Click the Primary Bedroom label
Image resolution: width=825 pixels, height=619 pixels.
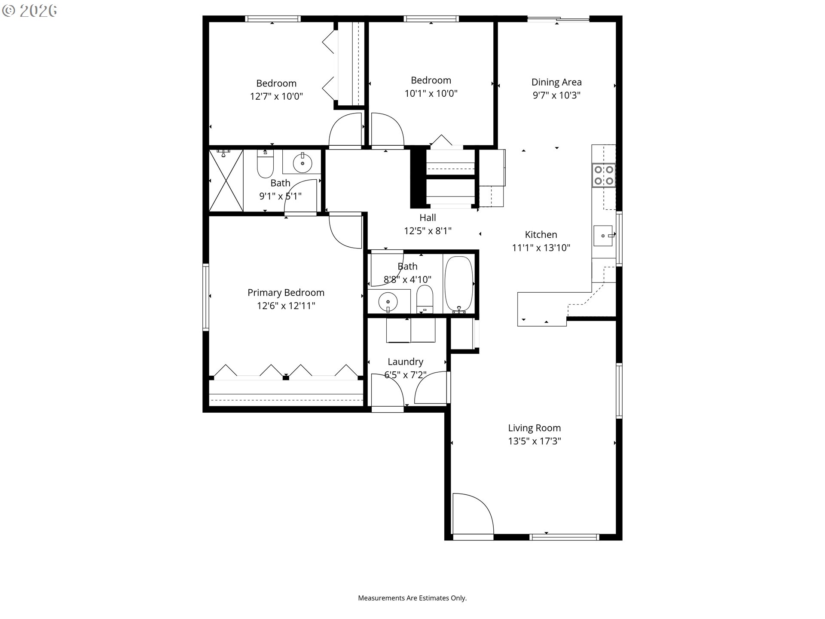[286, 293]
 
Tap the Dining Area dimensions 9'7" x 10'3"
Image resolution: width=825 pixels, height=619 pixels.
[556, 95]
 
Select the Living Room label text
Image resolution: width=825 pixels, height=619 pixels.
[535, 428]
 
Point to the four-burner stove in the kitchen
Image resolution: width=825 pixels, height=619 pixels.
[604, 175]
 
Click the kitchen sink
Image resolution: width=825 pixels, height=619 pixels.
[603, 236]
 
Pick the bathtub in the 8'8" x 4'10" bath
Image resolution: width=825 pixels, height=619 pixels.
[458, 285]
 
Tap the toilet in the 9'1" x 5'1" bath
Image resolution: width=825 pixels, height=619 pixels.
[265, 164]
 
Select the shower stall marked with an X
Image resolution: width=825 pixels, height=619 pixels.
[226, 181]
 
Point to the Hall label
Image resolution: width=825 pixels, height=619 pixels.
[428, 218]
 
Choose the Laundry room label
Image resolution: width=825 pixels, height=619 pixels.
[405, 362]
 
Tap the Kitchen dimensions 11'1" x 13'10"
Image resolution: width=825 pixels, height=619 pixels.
[541, 248]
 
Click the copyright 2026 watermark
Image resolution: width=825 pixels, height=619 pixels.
[30, 11]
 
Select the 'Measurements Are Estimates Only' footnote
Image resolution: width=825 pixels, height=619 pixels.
[412, 598]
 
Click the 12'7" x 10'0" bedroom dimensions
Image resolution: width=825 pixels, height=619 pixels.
[276, 96]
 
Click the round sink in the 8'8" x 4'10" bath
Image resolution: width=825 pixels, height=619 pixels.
[388, 300]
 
